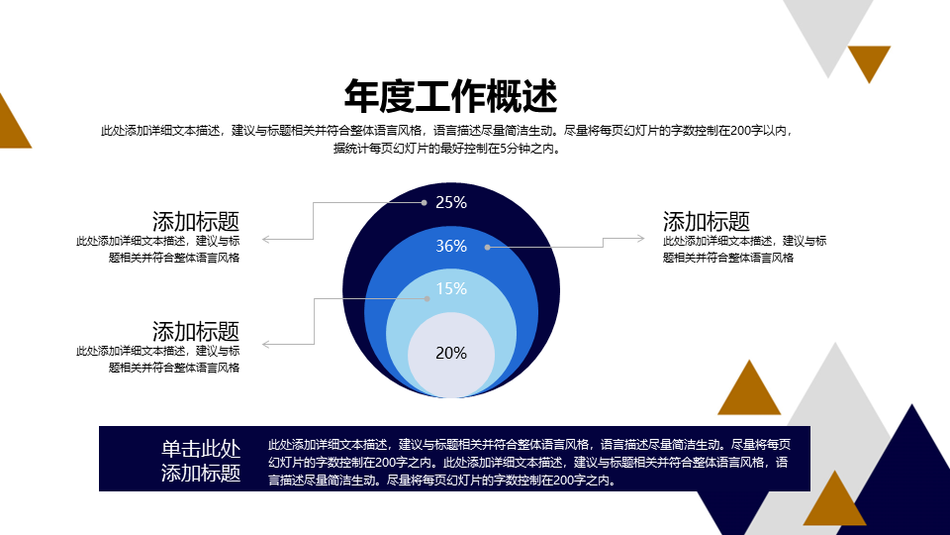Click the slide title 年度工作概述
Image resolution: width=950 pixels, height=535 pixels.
tap(450, 96)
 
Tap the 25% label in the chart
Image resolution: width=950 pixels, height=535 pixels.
tap(451, 202)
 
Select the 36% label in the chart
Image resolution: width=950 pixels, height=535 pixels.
tap(451, 246)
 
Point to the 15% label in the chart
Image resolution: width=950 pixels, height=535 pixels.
tap(451, 288)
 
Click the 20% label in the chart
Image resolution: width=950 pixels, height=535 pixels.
tap(451, 353)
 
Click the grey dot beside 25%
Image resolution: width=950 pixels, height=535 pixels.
tap(425, 202)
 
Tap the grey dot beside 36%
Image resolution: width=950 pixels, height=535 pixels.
tap(488, 247)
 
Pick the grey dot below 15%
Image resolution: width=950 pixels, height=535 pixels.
tap(427, 298)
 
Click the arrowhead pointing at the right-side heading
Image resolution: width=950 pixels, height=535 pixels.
tap(641, 239)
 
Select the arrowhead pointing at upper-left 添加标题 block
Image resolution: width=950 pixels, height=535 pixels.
tap(266, 240)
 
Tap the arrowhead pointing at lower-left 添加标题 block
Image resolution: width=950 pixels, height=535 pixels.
tap(266, 345)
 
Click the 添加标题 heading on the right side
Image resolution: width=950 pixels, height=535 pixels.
tap(707, 221)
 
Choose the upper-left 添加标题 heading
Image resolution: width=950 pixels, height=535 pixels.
tap(196, 221)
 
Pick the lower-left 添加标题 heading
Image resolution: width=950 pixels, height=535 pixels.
tap(196, 332)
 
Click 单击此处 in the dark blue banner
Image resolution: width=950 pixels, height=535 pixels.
tap(201, 449)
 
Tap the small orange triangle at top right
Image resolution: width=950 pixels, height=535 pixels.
tap(870, 59)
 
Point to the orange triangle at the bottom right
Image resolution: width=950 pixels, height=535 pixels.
tap(835, 504)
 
